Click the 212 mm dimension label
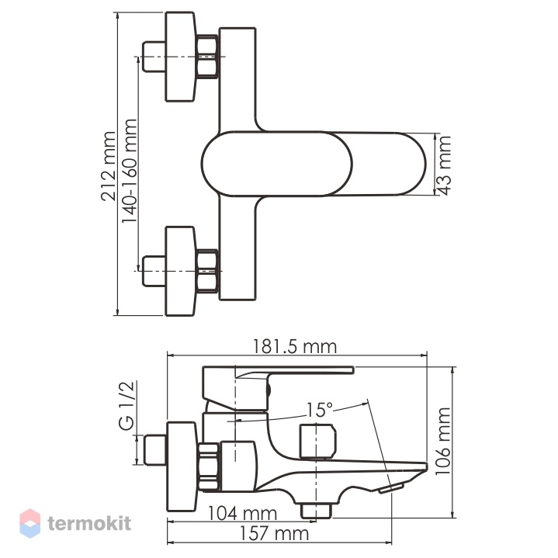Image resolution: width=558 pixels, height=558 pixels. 108,166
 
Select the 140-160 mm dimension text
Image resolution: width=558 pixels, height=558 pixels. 129,172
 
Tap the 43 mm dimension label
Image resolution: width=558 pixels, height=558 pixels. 445,165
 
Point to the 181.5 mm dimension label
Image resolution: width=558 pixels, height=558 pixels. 295,347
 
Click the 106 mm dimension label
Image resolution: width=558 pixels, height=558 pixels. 443,441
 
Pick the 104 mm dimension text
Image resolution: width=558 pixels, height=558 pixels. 242,513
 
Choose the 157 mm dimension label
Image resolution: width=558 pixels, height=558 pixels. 274,534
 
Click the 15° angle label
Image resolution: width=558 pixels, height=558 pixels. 320,410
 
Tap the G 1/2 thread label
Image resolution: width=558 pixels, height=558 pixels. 127,405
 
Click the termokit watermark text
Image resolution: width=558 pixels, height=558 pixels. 89,524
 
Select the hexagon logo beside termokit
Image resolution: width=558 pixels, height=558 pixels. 30,523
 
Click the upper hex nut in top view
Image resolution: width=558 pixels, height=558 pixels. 207,57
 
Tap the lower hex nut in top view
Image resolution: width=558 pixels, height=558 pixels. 207,271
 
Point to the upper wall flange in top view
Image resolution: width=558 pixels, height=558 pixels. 180,57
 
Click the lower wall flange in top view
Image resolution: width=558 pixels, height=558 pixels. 180,271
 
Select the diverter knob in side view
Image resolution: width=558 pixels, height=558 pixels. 317,442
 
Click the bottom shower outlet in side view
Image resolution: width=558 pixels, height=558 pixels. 316,511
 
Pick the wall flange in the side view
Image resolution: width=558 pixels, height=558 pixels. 181,467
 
